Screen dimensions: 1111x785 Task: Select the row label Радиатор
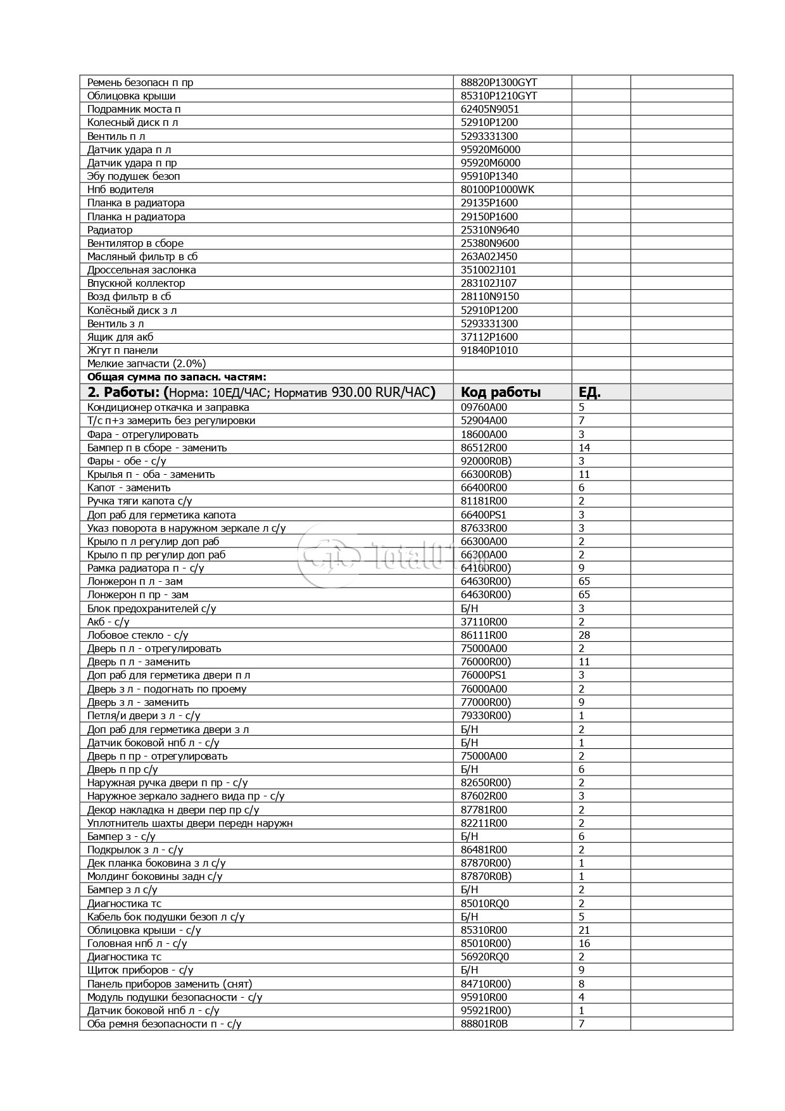pos(110,230)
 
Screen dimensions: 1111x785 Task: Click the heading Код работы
pos(500,392)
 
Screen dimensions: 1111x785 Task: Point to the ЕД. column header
pos(589,392)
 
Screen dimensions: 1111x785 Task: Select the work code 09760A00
pos(484,408)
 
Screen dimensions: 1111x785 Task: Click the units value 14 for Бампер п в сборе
pos(584,448)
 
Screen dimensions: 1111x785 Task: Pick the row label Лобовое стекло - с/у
pos(137,635)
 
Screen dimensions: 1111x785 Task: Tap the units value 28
pos(584,635)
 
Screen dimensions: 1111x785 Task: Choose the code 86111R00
pos(484,635)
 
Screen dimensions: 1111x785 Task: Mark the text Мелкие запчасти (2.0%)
pos(146,363)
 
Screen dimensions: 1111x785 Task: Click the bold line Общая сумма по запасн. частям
pos(177,377)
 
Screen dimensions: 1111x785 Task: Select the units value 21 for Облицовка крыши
pos(584,930)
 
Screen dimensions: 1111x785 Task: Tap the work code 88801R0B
pos(484,1024)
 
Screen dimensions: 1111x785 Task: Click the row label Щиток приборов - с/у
pos(140,970)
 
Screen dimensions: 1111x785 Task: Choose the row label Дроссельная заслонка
pos(141,270)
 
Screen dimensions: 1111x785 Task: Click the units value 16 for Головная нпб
pos(584,943)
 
